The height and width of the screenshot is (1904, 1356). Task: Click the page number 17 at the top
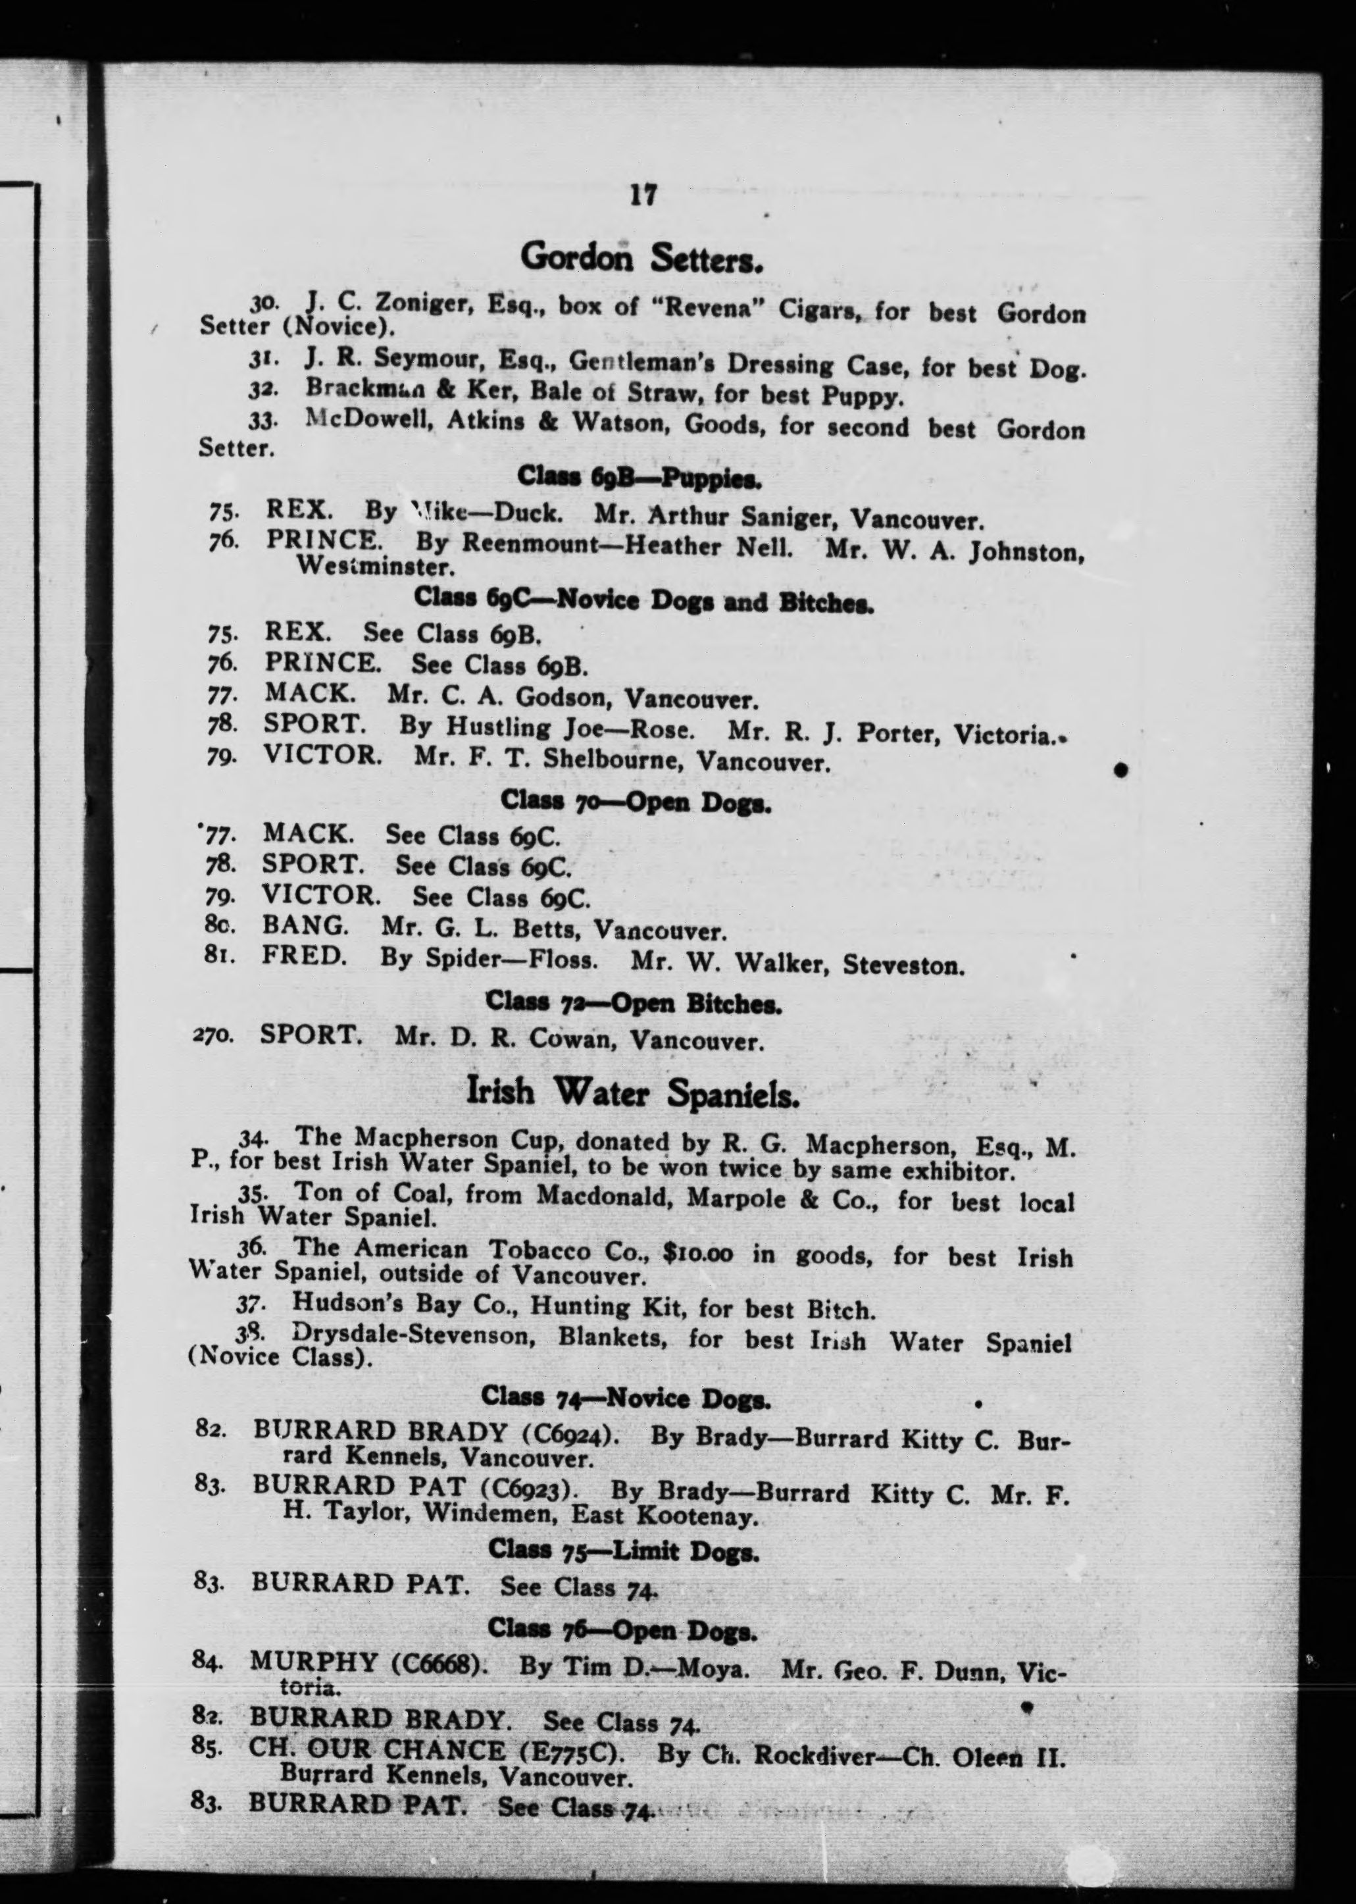[643, 195]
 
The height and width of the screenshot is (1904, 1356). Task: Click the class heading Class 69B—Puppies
[639, 478]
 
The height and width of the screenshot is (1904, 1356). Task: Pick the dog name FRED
[304, 954]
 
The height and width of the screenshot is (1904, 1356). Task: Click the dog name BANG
[305, 925]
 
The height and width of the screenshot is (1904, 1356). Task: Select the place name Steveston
[903, 966]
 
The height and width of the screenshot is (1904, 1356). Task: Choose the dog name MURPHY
[313, 1662]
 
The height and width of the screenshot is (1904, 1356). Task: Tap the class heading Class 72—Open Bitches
[633, 1002]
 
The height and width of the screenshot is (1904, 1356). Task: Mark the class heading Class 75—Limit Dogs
[624, 1550]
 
